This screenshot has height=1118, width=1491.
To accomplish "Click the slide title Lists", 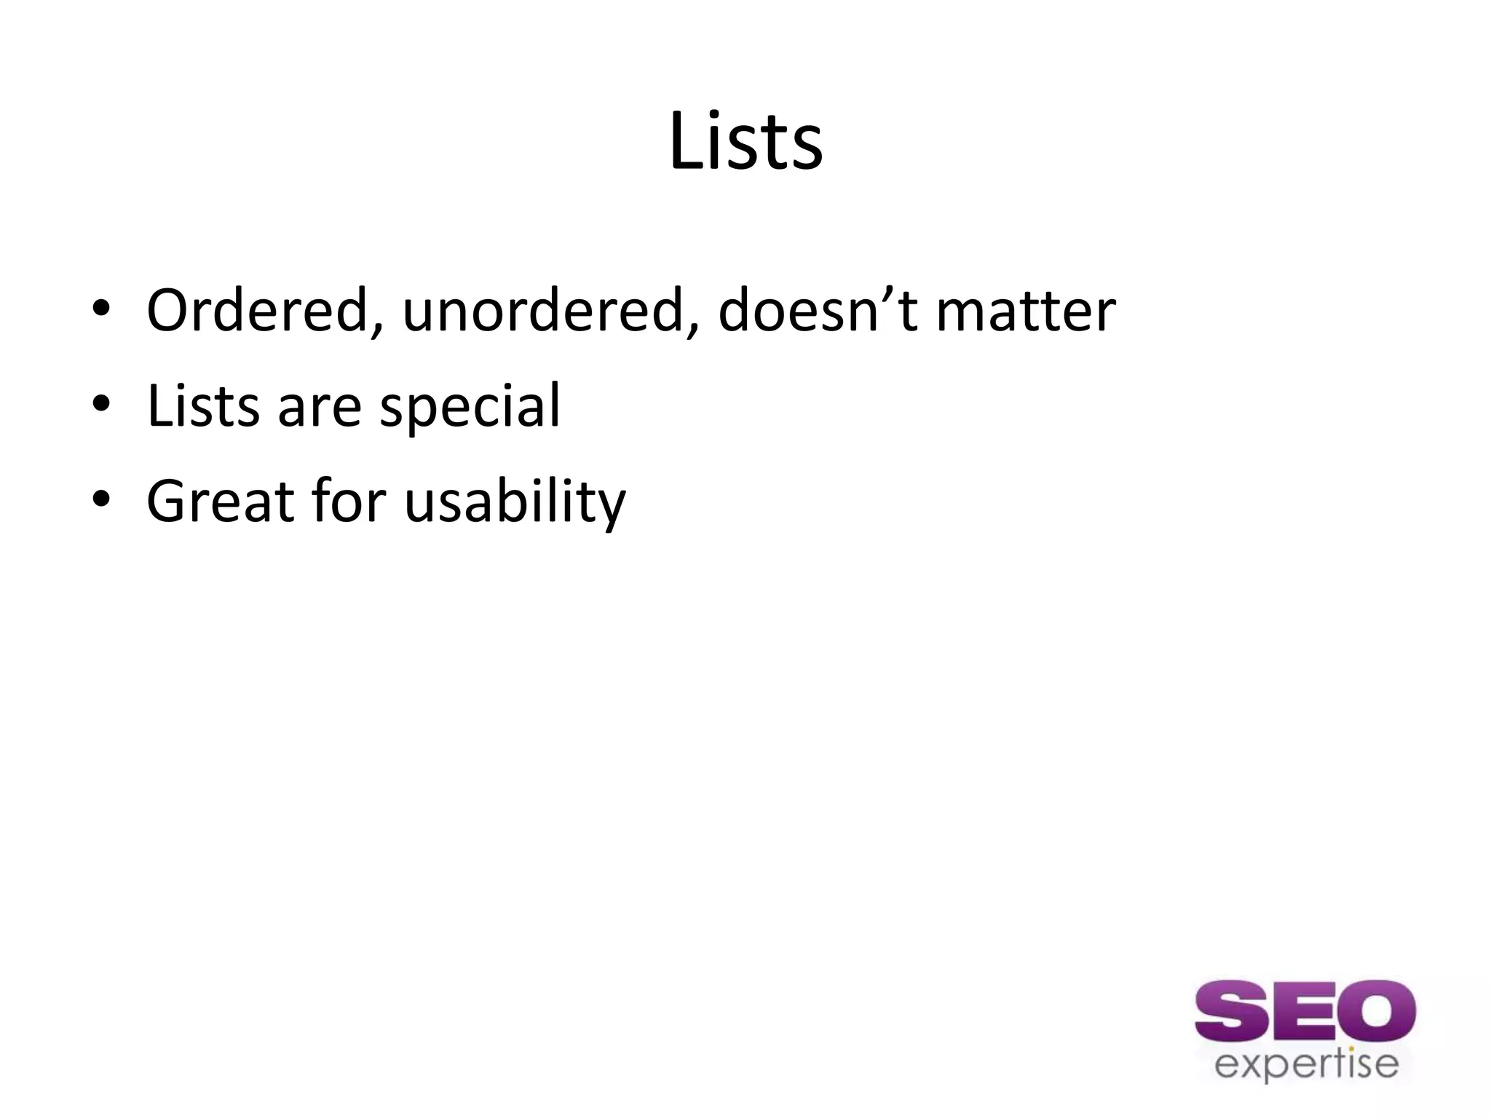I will (745, 142).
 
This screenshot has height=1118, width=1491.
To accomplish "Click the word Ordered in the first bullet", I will (261, 311).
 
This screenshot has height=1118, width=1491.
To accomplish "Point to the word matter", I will (1025, 311).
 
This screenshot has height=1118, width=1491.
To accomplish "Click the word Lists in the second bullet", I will (203, 405).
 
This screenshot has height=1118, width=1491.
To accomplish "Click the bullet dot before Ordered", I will (101, 309).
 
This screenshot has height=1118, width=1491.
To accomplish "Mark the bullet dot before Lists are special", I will (101, 404).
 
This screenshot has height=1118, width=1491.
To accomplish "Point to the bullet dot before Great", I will (101, 499).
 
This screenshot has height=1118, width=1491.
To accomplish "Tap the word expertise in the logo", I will (1306, 1064).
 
